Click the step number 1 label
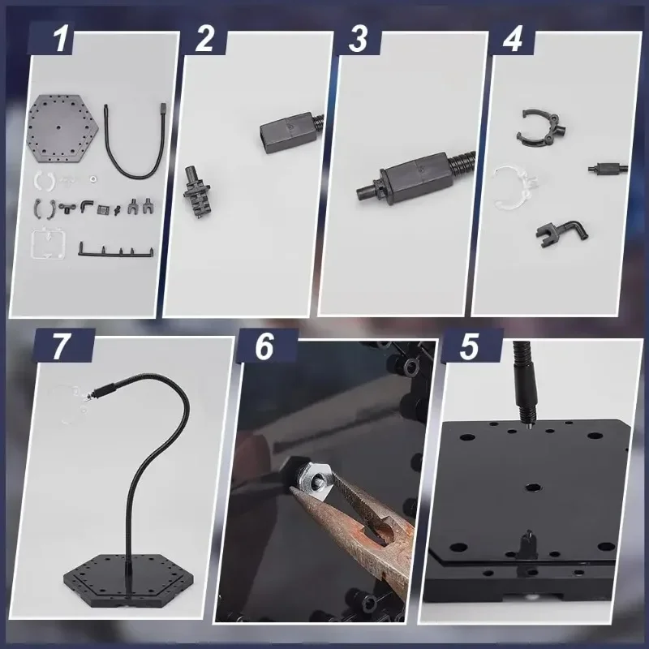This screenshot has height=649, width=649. click(x=61, y=39)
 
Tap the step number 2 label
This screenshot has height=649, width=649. click(x=204, y=39)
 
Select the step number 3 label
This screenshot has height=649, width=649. click(x=358, y=39)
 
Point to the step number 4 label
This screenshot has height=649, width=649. click(x=513, y=39)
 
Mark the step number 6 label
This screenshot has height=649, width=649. click(x=264, y=346)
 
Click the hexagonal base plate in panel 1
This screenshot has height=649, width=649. click(x=62, y=128)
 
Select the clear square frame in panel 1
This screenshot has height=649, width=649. click(x=33, y=244)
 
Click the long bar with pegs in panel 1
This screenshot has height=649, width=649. click(x=115, y=252)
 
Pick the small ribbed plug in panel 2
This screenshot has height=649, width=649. click(x=197, y=191)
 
